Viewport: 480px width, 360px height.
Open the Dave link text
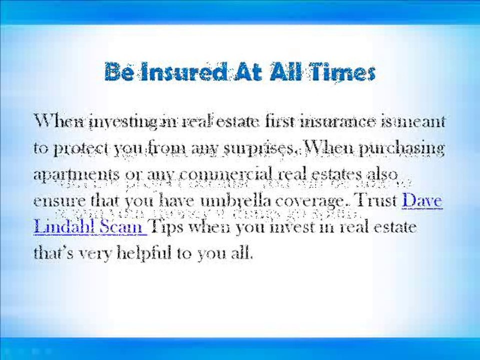click(422, 201)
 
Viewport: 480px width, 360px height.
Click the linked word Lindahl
click(64, 227)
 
